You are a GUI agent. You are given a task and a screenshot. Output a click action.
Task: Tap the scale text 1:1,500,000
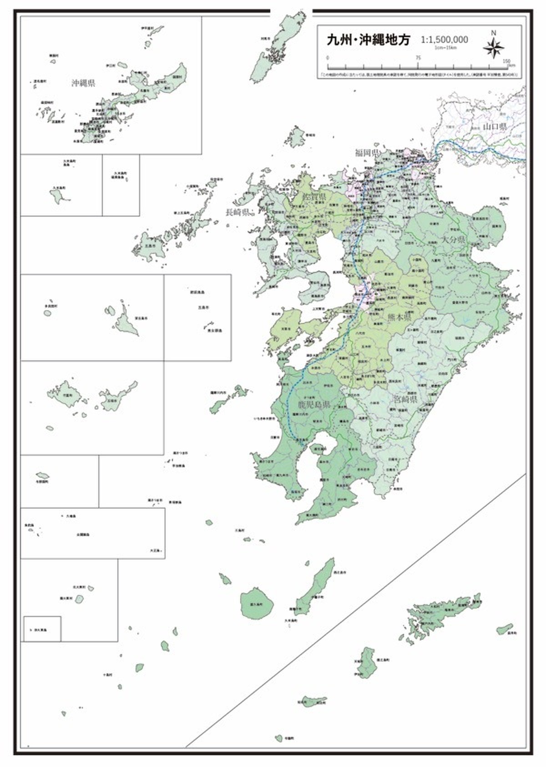(444, 40)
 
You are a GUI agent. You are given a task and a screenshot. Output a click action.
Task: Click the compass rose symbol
(493, 48)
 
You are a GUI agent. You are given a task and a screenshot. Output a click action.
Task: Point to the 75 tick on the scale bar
(418, 58)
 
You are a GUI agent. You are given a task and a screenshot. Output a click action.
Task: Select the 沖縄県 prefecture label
(83, 83)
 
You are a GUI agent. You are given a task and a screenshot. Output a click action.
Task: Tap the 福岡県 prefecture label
(367, 153)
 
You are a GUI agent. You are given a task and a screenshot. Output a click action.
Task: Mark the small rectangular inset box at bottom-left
(42, 628)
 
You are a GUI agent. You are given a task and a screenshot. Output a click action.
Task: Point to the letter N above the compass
(493, 33)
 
